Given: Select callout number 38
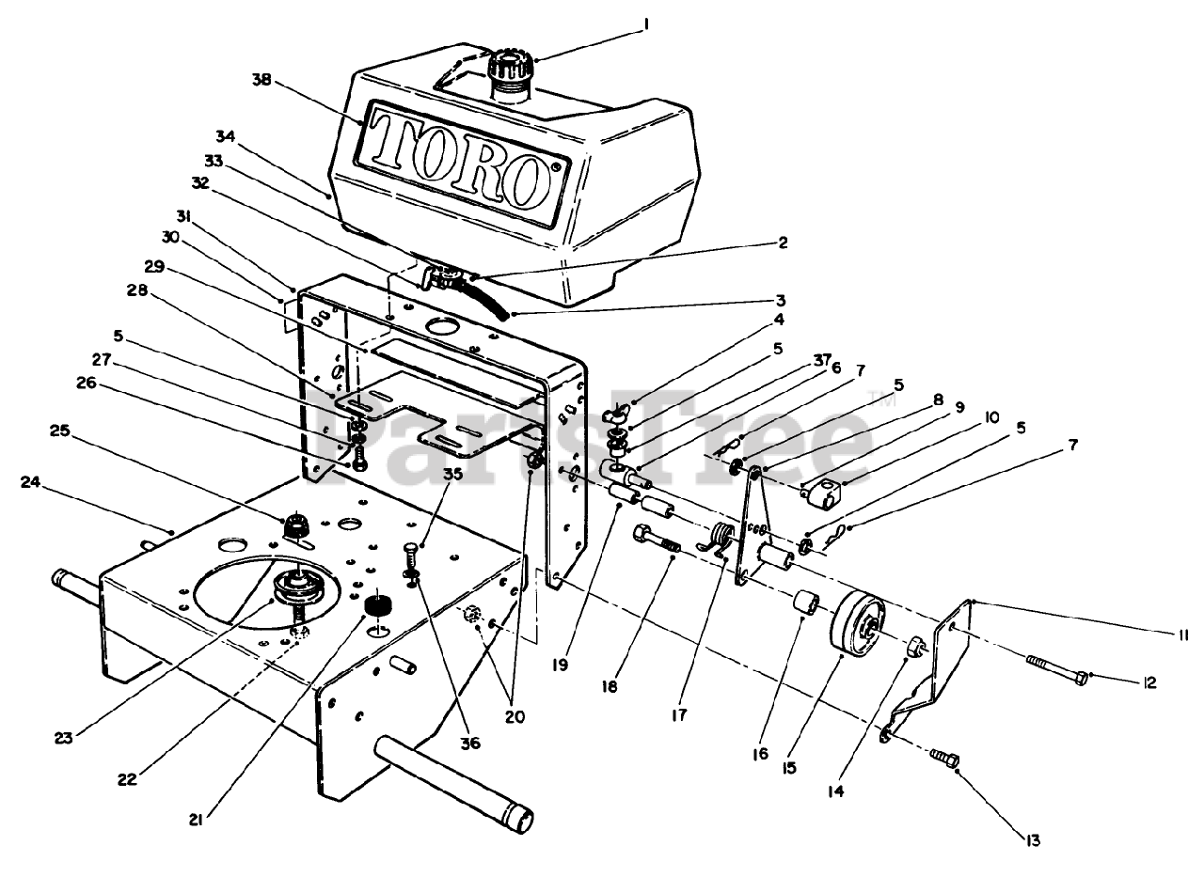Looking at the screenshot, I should (261, 81).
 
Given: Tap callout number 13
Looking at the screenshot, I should (1034, 840).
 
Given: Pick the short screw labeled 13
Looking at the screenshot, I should (943, 756).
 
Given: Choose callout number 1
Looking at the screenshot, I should (645, 27).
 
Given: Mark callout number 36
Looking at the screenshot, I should (469, 743).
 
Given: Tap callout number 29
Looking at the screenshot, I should (155, 267).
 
